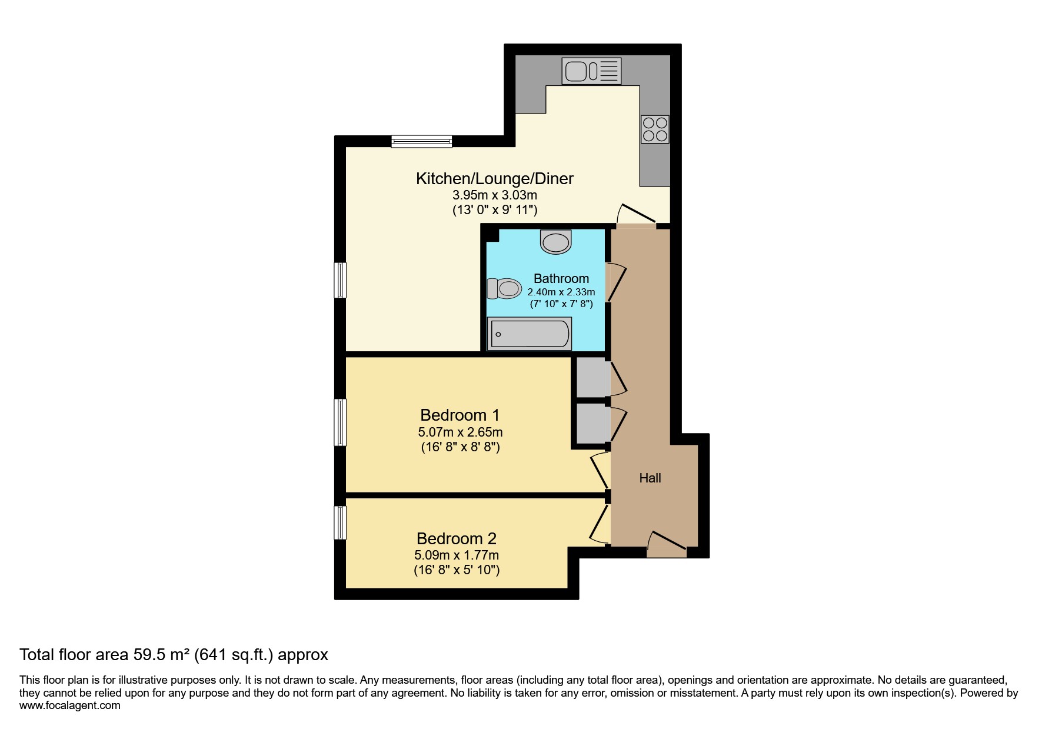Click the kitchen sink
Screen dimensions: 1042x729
pyautogui.click(x=591, y=71)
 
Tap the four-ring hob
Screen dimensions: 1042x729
pyautogui.click(x=655, y=129)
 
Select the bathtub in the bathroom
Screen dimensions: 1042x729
pyautogui.click(x=530, y=334)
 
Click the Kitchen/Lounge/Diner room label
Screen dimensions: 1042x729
pyautogui.click(x=495, y=178)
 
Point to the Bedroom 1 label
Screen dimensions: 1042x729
pyautogui.click(x=460, y=415)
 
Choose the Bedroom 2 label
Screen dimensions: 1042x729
pyautogui.click(x=457, y=538)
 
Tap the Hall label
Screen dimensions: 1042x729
pyautogui.click(x=650, y=478)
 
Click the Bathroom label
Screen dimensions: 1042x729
pyautogui.click(x=561, y=278)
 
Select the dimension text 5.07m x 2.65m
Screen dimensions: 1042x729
pyautogui.click(x=460, y=432)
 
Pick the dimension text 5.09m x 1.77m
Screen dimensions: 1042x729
pyautogui.click(x=457, y=555)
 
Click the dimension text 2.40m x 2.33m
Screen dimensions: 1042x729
pyautogui.click(x=561, y=292)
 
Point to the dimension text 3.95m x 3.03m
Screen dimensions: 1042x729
pyautogui.click(x=495, y=195)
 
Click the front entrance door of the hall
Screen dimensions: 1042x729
pyautogui.click(x=667, y=545)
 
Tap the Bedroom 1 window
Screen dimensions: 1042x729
pyautogui.click(x=340, y=422)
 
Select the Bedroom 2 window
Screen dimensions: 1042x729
pyautogui.click(x=340, y=522)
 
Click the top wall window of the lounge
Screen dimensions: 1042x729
pyautogui.click(x=422, y=141)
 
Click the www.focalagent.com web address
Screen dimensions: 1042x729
pyautogui.click(x=70, y=705)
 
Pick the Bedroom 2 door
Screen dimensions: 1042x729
pyautogui.click(x=600, y=520)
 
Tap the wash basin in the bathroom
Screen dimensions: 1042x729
pyautogui.click(x=556, y=241)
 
